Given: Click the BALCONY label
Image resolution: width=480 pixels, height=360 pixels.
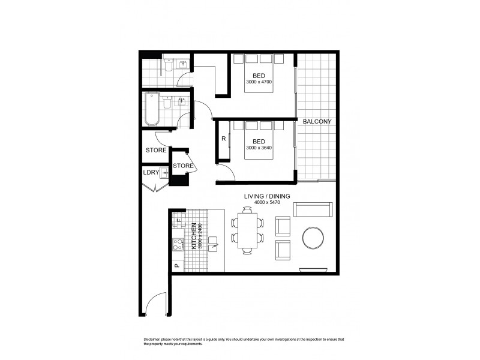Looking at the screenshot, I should tap(317, 122).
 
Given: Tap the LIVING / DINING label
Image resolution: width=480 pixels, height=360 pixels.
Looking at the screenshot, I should tap(267, 196).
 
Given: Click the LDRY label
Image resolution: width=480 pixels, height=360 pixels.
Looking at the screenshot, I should tap(151, 173).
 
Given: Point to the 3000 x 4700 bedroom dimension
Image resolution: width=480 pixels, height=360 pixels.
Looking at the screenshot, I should tap(259, 82).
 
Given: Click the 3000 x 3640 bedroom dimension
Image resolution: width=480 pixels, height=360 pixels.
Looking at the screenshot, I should tap(259, 148).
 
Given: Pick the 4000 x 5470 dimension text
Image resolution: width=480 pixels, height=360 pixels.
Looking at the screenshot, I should tap(267, 203).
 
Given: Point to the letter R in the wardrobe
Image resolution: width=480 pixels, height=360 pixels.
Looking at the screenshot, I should tap(223, 139).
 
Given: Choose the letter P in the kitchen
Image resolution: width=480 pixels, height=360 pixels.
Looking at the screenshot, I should tap(176, 265).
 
